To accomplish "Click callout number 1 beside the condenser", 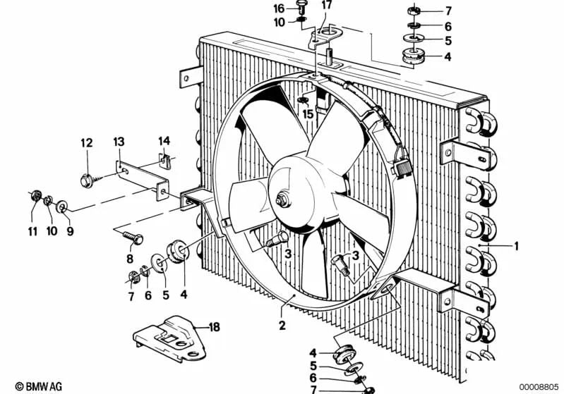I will click(x=516, y=246).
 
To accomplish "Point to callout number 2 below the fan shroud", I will click(x=282, y=326).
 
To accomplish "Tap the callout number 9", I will click(x=70, y=230).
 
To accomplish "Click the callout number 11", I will click(x=32, y=230).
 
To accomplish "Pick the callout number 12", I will click(x=86, y=143).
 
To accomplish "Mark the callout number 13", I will click(x=119, y=143).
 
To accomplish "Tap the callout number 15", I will click(x=307, y=113).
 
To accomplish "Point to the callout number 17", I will click(x=325, y=6).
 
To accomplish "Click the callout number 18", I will click(x=214, y=326).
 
